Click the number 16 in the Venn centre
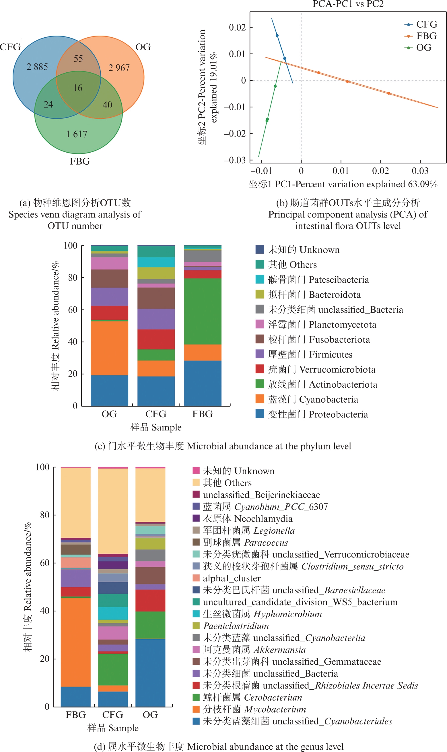[78, 88]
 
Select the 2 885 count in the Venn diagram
[37, 67]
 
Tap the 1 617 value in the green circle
[77, 134]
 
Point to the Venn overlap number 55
[78, 59]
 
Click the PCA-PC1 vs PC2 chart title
[348, 4]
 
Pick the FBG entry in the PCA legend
[426, 36]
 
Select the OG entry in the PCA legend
[423, 48]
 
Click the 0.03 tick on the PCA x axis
[420, 171]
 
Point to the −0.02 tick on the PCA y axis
[235, 133]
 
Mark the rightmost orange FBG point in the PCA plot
[389, 93]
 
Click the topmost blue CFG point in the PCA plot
[277, 36]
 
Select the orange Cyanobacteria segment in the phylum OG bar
[109, 348]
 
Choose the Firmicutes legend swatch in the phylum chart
[260, 354]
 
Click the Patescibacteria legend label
[318, 279]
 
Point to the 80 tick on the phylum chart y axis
[73, 277]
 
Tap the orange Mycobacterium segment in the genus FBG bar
[76, 642]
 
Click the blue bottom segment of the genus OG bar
[150, 672]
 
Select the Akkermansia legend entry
[254, 649]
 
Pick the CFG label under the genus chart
[113, 714]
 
